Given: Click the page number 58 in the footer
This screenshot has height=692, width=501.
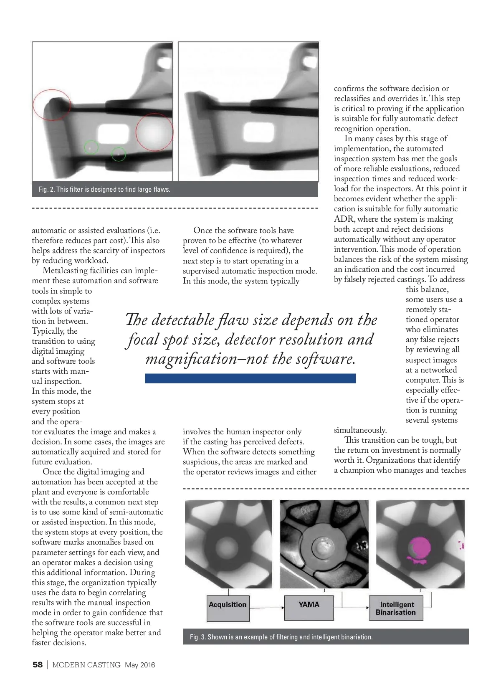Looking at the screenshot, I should click(x=38, y=665).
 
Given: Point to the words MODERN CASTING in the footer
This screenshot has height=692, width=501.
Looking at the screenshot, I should click(x=86, y=665).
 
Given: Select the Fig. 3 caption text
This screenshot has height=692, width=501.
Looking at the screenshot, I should click(x=281, y=637).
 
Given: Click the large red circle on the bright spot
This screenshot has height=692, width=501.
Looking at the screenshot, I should click(x=154, y=132).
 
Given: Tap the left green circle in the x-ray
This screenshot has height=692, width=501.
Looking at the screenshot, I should click(x=91, y=147).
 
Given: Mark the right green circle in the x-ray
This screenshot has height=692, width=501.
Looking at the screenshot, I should click(x=119, y=154).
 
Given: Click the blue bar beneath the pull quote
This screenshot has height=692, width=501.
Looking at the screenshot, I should click(x=250, y=378).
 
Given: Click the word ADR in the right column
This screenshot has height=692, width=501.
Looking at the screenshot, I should click(x=343, y=219).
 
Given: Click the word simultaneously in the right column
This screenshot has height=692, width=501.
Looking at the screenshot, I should click(x=360, y=430).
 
